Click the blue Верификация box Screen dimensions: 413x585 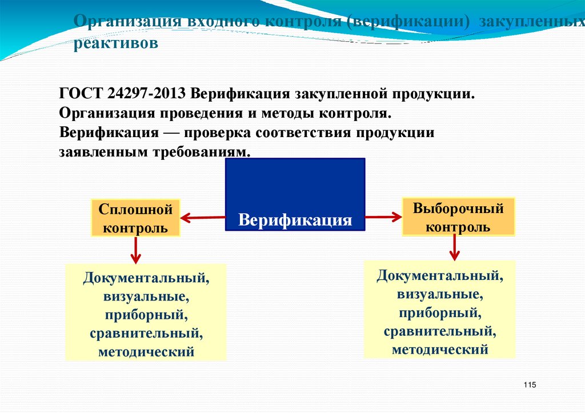click(x=295, y=194)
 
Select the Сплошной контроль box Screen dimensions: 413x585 click(x=135, y=218)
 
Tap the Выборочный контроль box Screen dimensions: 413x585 click(x=458, y=217)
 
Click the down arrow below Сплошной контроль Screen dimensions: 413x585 click(x=135, y=250)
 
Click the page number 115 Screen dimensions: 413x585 click(x=529, y=385)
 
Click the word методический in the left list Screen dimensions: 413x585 click(x=146, y=352)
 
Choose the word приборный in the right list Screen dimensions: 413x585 click(x=439, y=312)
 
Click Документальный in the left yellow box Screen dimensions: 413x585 click(x=146, y=279)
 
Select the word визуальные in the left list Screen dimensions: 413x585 click(x=146, y=297)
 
